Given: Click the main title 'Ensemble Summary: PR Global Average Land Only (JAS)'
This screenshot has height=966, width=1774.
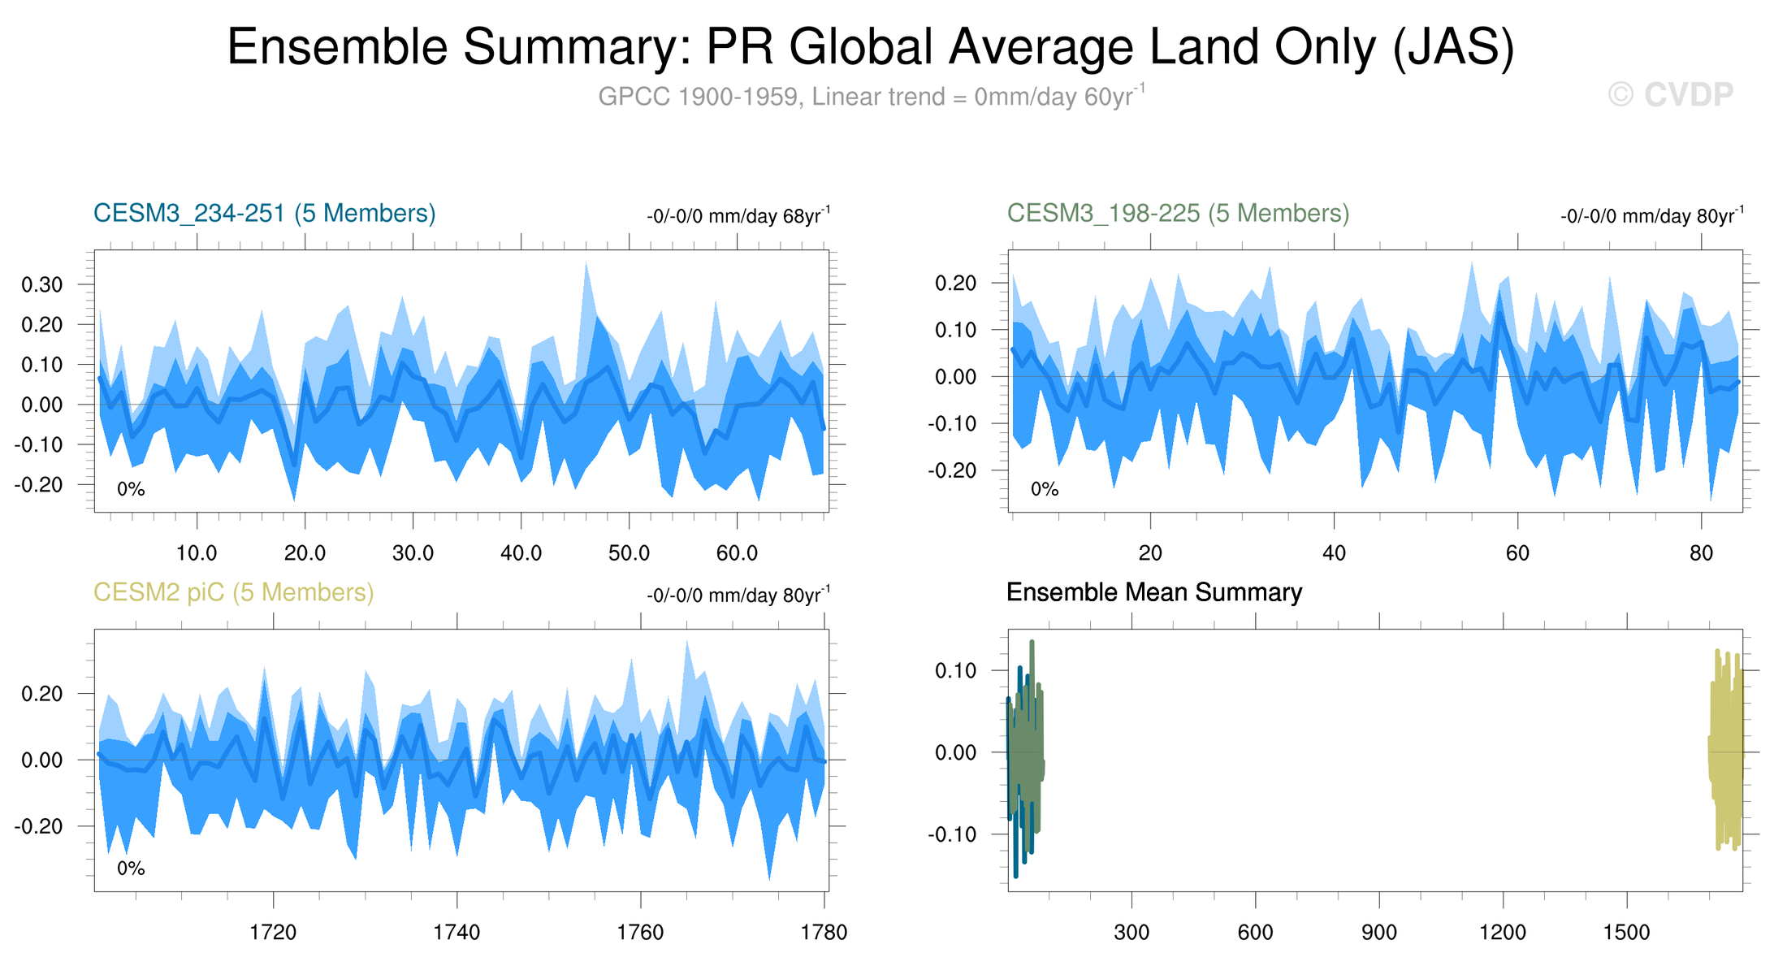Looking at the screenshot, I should coord(870,47).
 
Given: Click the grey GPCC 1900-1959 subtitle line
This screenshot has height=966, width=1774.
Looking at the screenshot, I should coord(870,97).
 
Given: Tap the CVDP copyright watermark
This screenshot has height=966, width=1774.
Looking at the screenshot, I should coord(1671,95).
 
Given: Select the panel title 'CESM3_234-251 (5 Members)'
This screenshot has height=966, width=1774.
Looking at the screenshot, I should coord(265,213).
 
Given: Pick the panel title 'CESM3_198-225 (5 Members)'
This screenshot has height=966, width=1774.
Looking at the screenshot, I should coord(1178,213).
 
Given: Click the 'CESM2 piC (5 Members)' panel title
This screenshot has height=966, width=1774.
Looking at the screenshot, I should coord(234,592).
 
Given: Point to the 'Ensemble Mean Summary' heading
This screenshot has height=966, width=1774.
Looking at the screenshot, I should coord(1153,592).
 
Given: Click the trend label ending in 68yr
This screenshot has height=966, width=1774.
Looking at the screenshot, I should coord(738,216).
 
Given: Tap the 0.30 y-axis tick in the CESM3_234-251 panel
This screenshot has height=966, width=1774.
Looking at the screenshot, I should coord(42,284).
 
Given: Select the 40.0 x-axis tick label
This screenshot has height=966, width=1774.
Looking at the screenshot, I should coord(521,553).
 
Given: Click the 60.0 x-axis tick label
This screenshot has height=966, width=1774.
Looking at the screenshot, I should coord(737,553).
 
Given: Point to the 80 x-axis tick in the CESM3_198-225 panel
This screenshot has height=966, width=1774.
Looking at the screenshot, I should coord(1701,553).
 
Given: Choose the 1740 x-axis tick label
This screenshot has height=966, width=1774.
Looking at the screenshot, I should coord(456,932).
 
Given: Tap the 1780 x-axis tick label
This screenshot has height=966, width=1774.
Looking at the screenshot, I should coord(824,932).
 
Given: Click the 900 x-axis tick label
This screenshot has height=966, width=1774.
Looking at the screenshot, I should coord(1379,932).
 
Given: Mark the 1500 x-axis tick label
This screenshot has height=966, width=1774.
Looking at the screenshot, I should coord(1626,932).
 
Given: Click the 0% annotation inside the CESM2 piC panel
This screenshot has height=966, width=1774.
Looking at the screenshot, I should coord(131,869).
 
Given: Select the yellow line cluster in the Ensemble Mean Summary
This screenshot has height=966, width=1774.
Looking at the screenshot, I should coord(1726,752).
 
